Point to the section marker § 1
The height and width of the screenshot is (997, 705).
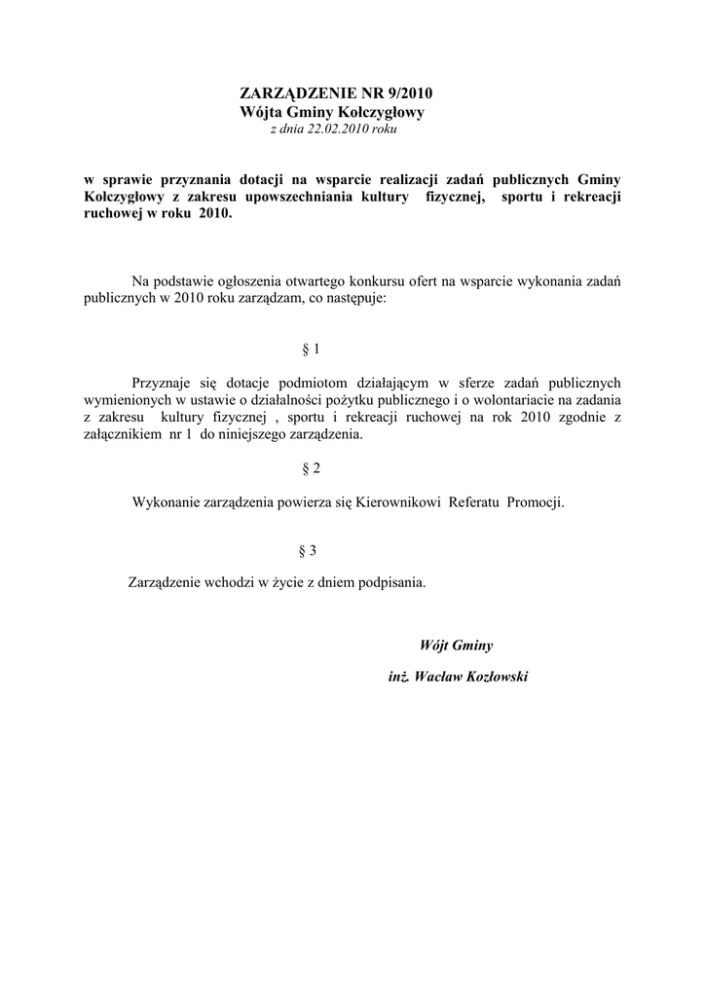coord(312,348)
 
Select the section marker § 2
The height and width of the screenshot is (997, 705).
coord(312,469)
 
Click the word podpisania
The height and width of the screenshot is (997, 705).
coord(390,583)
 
